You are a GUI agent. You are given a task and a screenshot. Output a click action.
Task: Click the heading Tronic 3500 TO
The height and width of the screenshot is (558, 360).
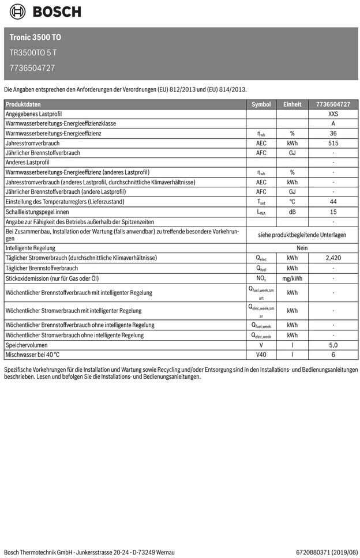(35, 37)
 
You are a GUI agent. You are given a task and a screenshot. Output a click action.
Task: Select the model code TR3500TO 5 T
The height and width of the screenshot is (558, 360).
(33, 52)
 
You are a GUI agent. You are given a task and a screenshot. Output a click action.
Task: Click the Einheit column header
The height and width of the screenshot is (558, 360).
(292, 104)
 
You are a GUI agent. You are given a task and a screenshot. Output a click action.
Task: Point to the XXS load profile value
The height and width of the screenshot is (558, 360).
(333, 114)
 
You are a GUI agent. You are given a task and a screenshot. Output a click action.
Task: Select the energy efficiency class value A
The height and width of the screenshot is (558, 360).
(333, 124)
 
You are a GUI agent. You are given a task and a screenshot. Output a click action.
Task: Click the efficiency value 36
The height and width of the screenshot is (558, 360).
(333, 134)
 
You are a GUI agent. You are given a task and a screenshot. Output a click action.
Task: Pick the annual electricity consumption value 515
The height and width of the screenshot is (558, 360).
(333, 144)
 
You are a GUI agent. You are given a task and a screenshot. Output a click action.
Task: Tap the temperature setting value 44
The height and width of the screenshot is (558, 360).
(333, 202)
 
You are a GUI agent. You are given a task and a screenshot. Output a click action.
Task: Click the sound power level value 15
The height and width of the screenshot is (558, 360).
(333, 212)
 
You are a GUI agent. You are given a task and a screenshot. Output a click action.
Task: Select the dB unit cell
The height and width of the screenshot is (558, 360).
(292, 212)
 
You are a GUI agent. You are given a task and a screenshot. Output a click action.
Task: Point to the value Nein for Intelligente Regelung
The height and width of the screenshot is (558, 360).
(302, 247)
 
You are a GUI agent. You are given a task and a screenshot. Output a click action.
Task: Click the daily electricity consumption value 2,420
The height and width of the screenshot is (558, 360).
(333, 258)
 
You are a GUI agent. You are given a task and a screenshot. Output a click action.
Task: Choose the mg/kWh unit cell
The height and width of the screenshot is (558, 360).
(292, 278)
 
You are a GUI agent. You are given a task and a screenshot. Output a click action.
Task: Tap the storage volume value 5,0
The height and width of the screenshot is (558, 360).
(333, 345)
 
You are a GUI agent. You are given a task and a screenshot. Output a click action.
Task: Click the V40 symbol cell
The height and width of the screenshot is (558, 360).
(261, 355)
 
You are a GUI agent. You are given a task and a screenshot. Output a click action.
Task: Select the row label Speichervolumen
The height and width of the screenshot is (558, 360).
(26, 345)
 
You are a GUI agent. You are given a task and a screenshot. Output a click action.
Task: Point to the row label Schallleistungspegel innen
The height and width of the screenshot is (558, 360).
(37, 212)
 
